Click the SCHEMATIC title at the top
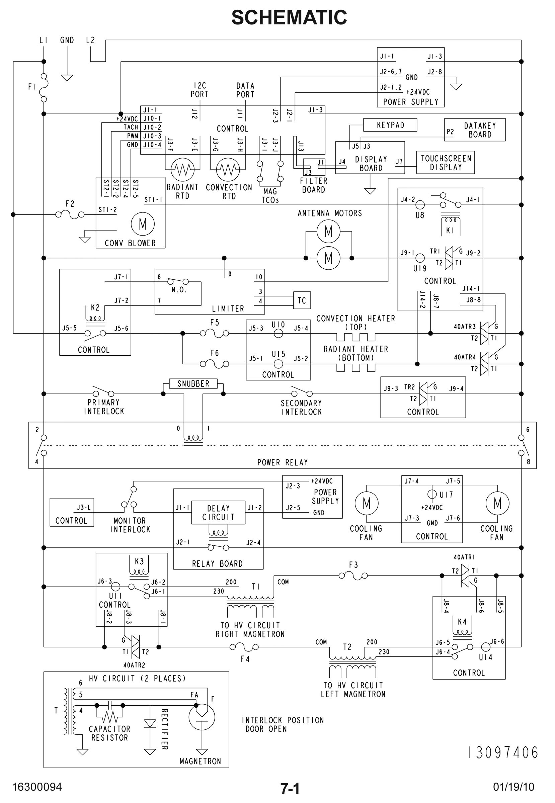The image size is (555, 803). tap(289, 17)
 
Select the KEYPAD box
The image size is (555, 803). tap(390, 125)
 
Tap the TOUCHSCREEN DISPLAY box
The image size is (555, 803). tap(446, 162)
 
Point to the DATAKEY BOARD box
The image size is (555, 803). tap(475, 130)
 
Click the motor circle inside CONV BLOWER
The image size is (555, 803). tap(143, 224)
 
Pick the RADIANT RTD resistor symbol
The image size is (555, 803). tap(182, 169)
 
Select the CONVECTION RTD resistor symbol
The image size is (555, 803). tap(228, 169)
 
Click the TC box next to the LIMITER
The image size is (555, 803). tap(302, 300)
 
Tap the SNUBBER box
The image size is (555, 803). tap(193, 384)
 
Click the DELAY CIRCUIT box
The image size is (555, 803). tap(218, 512)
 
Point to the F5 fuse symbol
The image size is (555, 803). tap(214, 334)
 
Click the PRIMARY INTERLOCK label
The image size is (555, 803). tap(104, 407)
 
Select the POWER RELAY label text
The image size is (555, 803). tap(283, 463)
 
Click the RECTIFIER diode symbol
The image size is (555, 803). tap(150, 723)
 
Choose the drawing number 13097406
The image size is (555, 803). tap(503, 752)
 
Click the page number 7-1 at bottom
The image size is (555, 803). tap(290, 789)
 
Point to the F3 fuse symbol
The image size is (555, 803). tap(353, 576)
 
